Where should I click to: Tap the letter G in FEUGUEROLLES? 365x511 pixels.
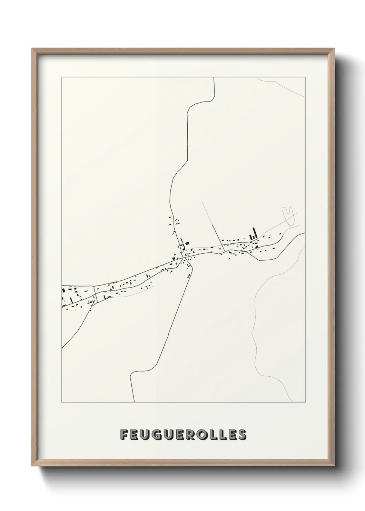tap(155, 435)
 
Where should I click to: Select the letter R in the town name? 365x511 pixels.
tap(187, 435)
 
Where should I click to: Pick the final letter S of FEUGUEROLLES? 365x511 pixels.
tap(242, 435)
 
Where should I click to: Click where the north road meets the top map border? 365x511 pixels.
tap(214, 78)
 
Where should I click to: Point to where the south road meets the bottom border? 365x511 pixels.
tap(134, 402)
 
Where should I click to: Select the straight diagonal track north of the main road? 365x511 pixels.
tap(214, 224)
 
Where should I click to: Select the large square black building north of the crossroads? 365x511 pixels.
tap(187, 243)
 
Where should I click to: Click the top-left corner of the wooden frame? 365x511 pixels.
tap(32, 49)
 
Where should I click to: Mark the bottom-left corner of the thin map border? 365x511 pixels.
tap(62, 402)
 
